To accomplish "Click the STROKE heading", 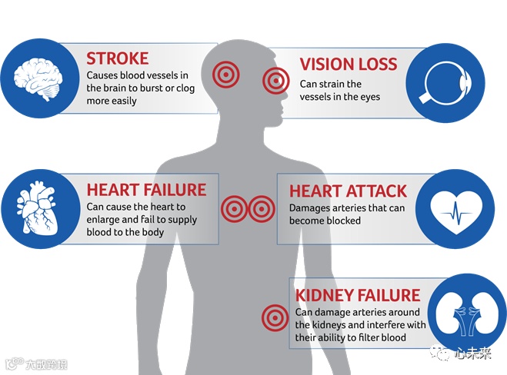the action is pyautogui.click(x=118, y=58).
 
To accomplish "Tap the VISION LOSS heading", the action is pyautogui.click(x=349, y=64).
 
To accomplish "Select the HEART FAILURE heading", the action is pyautogui.click(x=146, y=190).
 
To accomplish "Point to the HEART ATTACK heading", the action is pyautogui.click(x=349, y=191).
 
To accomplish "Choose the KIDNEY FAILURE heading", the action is pyautogui.click(x=358, y=295).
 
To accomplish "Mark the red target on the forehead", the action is pyautogui.click(x=225, y=73).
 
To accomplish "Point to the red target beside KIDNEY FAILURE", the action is pyautogui.click(x=274, y=317).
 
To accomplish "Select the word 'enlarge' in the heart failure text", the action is pyautogui.click(x=105, y=220).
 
